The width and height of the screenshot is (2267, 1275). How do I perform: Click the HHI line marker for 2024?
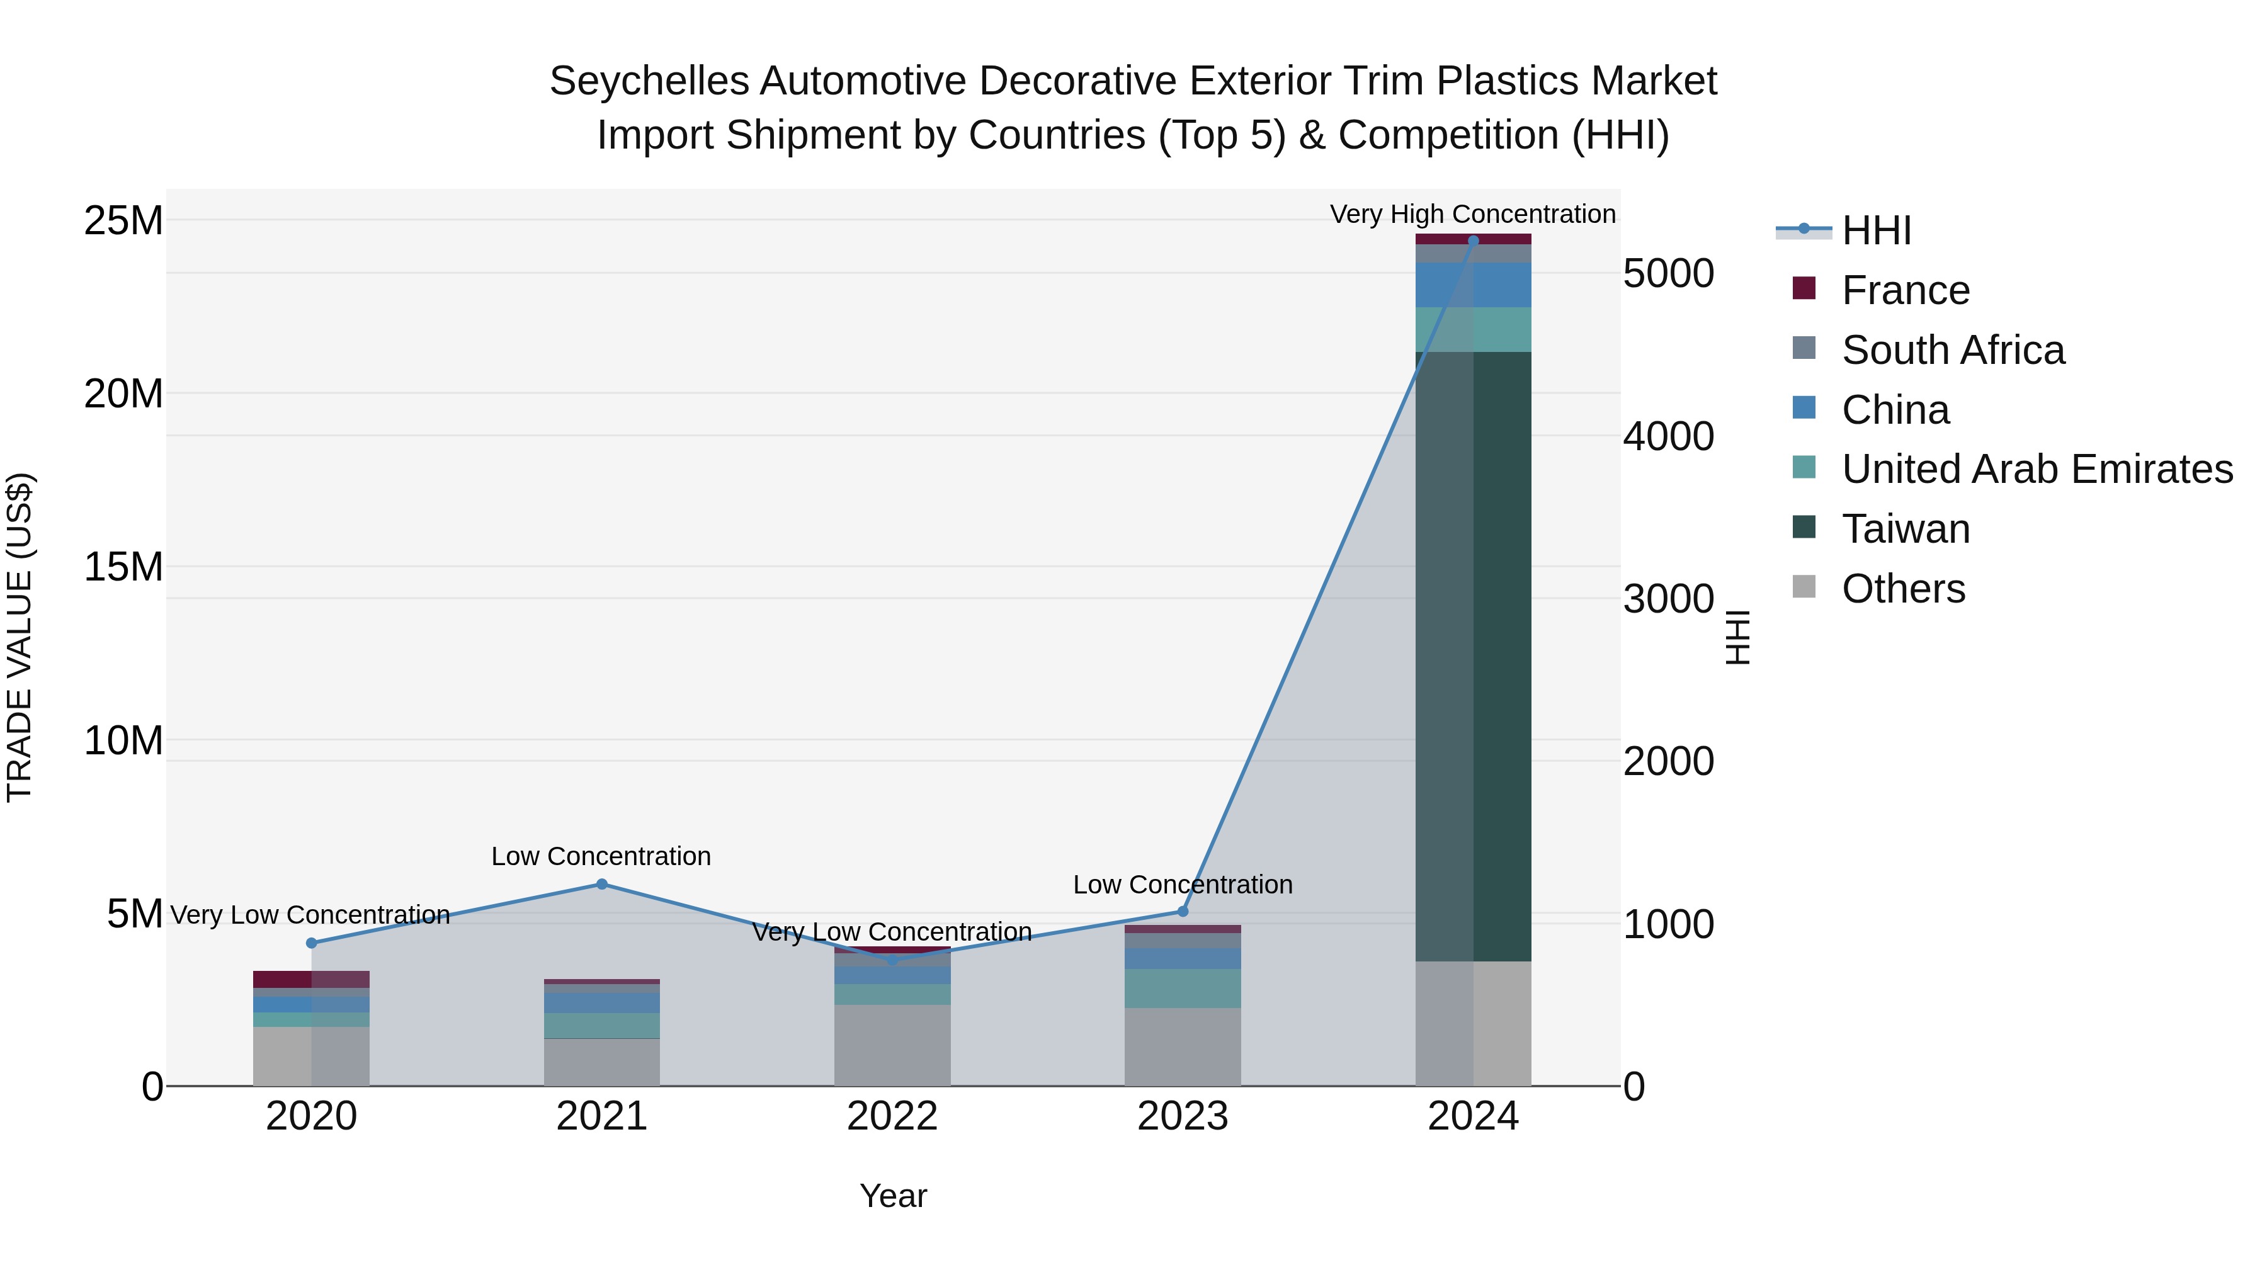click(1473, 241)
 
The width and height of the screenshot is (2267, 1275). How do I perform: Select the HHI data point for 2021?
click(602, 885)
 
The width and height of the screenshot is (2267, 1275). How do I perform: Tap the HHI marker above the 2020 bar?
click(312, 943)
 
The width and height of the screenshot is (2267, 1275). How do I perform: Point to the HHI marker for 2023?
click(1183, 912)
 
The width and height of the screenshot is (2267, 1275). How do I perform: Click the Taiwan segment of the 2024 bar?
click(1473, 655)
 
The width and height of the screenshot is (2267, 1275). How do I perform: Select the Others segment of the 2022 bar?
click(892, 1045)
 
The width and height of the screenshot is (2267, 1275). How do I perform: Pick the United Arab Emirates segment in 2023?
click(1183, 988)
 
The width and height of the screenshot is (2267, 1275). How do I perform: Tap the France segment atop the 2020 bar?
click(312, 979)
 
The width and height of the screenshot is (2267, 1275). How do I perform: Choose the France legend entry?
click(1906, 290)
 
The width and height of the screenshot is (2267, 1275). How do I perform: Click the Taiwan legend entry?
click(1906, 529)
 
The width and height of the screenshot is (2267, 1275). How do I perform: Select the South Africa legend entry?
click(1953, 350)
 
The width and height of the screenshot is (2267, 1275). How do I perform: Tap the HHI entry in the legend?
click(1875, 230)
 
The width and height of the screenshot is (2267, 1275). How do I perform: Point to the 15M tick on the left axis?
click(123, 567)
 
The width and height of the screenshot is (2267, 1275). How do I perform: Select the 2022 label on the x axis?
click(892, 1116)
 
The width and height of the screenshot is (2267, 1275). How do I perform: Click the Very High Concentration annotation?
click(1472, 214)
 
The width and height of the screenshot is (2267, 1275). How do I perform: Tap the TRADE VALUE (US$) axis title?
click(20, 637)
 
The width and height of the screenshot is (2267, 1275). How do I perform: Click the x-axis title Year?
click(893, 1196)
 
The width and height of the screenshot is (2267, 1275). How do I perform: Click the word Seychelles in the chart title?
click(649, 81)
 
